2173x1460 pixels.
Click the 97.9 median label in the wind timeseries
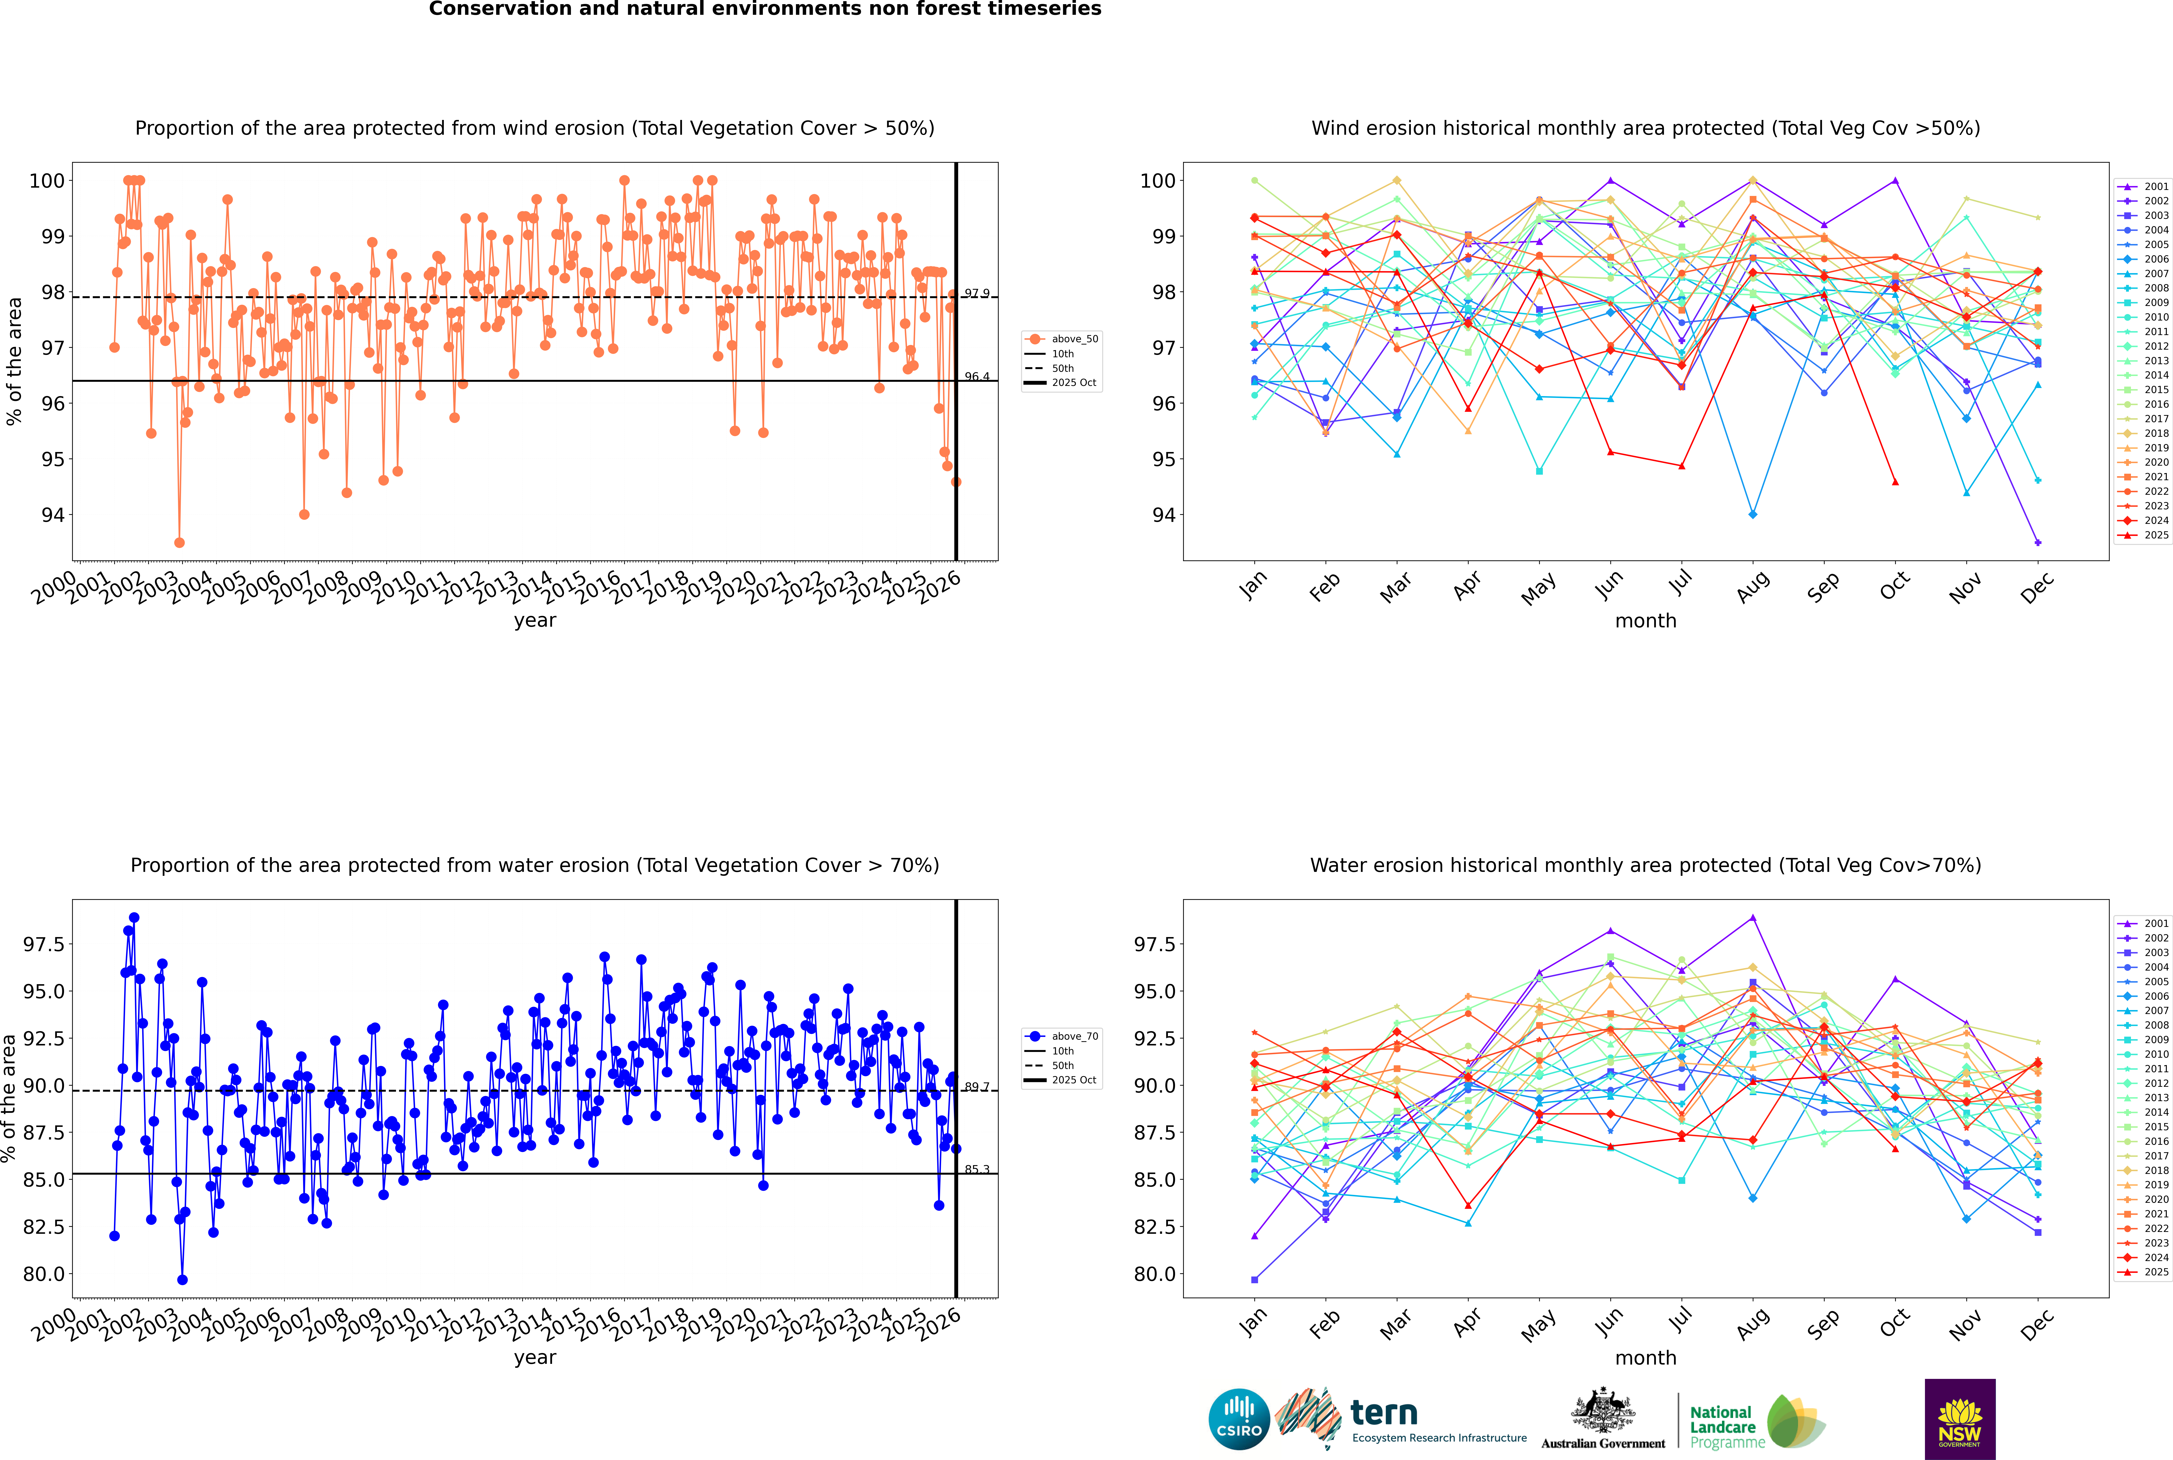[976, 293]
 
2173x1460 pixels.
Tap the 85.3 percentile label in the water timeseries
[976, 1170]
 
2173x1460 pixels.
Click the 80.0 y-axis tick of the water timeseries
[44, 1274]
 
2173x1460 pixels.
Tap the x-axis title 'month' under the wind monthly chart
[1645, 621]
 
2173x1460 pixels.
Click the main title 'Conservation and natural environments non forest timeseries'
[765, 9]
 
